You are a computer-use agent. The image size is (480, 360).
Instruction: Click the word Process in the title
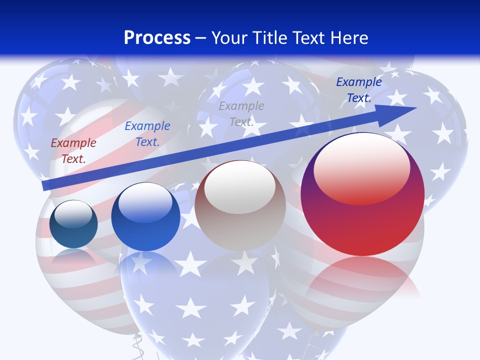click(157, 38)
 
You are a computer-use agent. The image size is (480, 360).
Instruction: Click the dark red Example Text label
click(73, 151)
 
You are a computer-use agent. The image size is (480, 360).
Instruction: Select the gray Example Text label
click(241, 113)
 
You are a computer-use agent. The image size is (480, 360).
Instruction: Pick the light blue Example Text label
click(147, 134)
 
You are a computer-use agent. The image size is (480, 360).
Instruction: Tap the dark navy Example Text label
click(358, 90)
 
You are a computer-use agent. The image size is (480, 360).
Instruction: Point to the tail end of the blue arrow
click(46, 185)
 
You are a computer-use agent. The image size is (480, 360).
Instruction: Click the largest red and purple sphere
click(362, 220)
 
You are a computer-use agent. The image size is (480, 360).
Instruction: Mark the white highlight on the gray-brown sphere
click(240, 186)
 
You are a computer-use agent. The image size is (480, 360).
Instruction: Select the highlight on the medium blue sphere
click(145, 201)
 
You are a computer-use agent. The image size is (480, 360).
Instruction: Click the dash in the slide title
click(201, 38)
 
